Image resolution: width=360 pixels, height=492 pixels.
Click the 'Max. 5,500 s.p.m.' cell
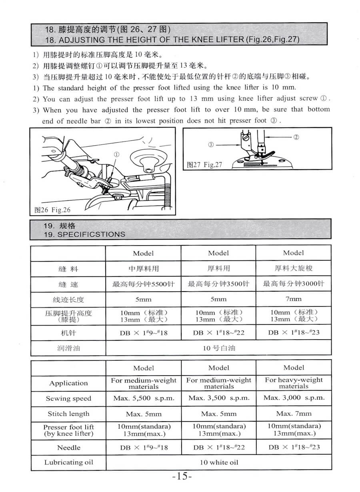(x=144, y=398)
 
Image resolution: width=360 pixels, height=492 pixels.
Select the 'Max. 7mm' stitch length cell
(x=294, y=414)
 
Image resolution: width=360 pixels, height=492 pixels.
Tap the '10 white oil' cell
(x=219, y=462)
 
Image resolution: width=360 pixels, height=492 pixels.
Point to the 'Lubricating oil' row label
(x=68, y=462)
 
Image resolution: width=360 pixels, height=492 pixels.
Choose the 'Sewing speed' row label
(x=68, y=398)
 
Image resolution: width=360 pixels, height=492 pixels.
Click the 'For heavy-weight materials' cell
(x=294, y=383)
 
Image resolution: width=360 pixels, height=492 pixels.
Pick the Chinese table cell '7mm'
(x=294, y=299)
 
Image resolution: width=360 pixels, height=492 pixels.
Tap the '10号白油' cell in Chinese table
(x=219, y=348)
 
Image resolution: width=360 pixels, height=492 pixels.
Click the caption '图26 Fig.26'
(x=52, y=210)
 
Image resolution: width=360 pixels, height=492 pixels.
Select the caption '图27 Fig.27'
(x=204, y=165)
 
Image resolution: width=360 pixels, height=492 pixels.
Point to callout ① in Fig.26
(x=116, y=154)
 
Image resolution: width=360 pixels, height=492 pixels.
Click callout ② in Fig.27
(x=296, y=137)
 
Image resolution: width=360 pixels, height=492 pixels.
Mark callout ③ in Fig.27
(x=210, y=145)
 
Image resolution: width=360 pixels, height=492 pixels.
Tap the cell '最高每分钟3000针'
(x=294, y=284)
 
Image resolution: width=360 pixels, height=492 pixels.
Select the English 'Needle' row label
(x=68, y=448)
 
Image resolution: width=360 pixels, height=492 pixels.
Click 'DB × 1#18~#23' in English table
(x=294, y=447)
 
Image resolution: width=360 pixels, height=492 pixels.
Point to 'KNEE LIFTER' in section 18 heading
(x=219, y=40)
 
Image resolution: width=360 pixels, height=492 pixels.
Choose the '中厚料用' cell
(x=144, y=269)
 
